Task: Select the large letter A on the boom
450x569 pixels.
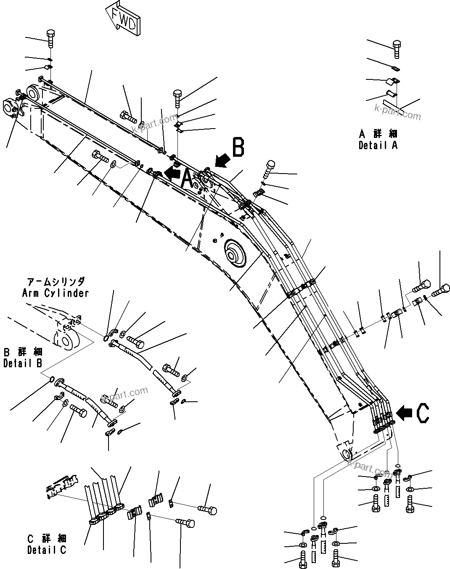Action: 188,179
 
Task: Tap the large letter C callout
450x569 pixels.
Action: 423,413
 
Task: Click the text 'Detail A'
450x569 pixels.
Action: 378,145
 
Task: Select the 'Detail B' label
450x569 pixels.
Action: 22,364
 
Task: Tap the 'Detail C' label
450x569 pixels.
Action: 47,549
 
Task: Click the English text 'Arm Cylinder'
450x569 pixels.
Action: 56,293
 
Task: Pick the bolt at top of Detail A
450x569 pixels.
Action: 397,49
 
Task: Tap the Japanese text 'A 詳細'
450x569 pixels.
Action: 378,134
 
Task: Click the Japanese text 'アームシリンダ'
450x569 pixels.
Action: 56,282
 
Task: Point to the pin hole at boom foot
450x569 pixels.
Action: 347,454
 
